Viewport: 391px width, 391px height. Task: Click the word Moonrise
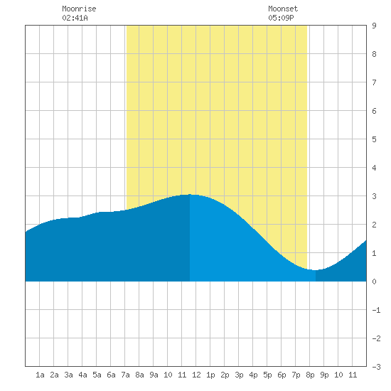[79, 9]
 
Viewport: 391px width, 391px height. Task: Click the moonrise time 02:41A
[75, 18]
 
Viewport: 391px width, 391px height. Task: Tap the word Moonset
[283, 9]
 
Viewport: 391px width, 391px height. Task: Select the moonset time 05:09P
[281, 18]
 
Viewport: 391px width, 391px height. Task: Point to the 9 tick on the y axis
[374, 26]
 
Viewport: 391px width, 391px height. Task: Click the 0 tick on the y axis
[374, 282]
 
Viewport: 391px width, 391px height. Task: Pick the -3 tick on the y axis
[376, 367]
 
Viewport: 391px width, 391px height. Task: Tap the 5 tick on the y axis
[374, 139]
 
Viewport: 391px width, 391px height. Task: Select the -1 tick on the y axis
[376, 310]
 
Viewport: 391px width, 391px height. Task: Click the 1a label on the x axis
[40, 375]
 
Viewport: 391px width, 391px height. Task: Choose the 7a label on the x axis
[125, 375]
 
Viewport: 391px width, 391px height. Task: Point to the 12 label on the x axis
[196, 375]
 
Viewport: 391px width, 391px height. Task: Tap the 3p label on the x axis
[239, 375]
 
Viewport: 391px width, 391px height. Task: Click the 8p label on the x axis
[310, 375]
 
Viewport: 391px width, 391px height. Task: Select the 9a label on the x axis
[154, 375]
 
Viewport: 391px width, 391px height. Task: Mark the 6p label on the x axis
[282, 375]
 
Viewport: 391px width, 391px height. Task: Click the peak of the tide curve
[190, 194]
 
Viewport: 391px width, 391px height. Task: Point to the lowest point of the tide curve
[316, 270]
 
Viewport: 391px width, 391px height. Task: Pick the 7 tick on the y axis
[374, 82]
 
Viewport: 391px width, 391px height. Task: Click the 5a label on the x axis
[97, 375]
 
